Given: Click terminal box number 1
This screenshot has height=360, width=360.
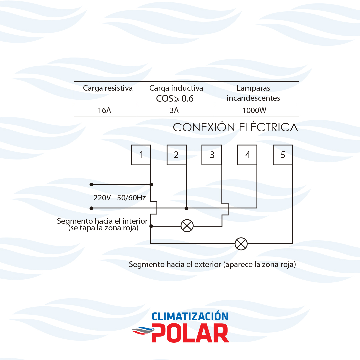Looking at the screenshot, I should [141, 155].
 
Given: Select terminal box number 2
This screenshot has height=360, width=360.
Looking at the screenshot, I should [176, 155].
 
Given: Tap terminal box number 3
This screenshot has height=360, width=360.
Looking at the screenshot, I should [212, 155].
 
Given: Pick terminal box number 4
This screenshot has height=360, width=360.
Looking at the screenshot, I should [247, 155].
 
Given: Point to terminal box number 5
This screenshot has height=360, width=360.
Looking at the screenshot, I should [283, 155].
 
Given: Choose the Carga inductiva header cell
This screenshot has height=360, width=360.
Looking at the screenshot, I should [176, 93].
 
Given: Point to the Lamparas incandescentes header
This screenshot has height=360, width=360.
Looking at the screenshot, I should [253, 93].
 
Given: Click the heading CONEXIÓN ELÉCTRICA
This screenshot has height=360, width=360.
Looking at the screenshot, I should [235, 127].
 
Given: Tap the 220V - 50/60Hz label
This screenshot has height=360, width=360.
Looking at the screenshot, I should [120, 198].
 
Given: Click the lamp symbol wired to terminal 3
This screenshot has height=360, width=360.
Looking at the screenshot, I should [187, 226].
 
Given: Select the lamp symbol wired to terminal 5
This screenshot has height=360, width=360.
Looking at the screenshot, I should [241, 244].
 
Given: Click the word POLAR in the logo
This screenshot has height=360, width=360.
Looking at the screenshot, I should [190, 333].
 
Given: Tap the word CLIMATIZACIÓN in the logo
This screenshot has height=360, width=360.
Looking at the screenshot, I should [190, 316].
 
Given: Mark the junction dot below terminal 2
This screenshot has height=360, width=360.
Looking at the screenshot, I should [186, 208].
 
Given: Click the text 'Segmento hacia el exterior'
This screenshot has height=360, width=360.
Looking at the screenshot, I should [175, 265].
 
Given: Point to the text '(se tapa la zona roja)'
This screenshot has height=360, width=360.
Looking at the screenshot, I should [103, 228].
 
